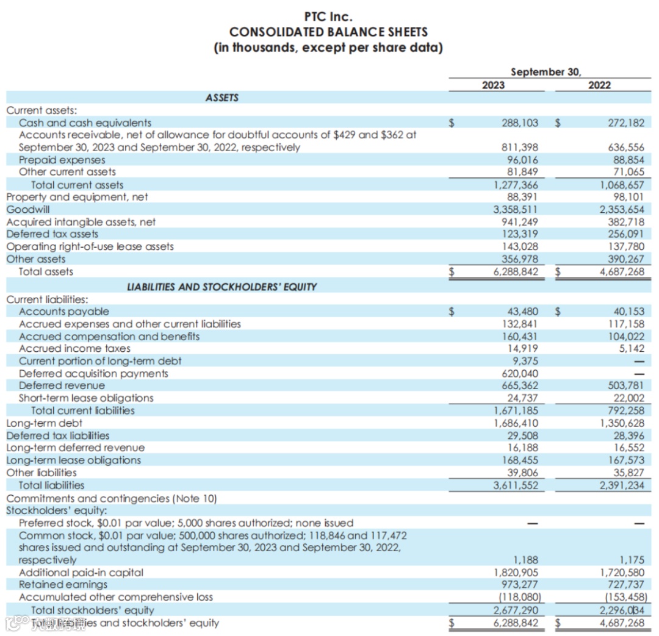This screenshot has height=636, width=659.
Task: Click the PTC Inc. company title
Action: click(328, 16)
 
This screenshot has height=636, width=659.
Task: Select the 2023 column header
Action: click(493, 85)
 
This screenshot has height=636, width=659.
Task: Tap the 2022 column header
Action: click(599, 85)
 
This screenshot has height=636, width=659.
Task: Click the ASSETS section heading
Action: click(222, 98)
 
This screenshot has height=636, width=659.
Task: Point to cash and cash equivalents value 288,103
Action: click(519, 123)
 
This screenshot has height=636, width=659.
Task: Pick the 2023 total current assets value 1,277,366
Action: click(516, 185)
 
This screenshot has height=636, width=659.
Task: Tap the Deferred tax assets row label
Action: click(52, 234)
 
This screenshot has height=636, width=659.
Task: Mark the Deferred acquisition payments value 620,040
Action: click(519, 373)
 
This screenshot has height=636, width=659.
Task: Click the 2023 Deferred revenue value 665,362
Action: click(519, 385)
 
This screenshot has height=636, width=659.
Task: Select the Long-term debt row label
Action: click(44, 423)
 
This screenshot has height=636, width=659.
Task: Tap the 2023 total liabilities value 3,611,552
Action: click(516, 485)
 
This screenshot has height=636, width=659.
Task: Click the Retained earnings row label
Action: click(63, 585)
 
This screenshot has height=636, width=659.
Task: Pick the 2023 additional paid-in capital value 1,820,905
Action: click(516, 573)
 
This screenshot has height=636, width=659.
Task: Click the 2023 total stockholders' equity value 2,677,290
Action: click(516, 610)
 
